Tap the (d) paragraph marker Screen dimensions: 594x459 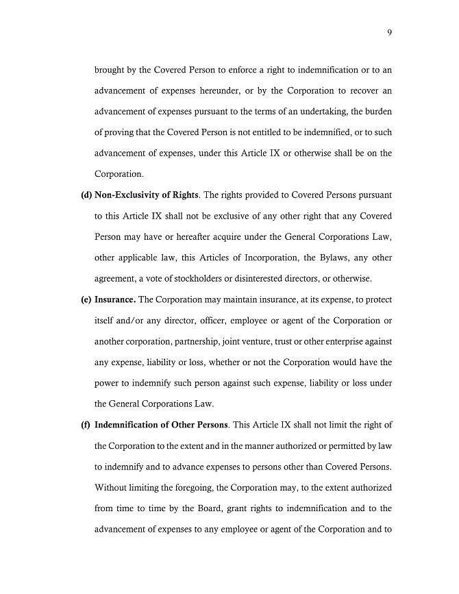tap(86, 195)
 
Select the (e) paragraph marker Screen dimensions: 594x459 tap(86, 299)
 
